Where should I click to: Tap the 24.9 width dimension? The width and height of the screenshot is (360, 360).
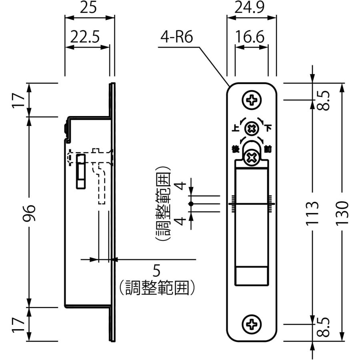[x=251, y=8]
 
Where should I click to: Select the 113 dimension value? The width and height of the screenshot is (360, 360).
[x=313, y=212]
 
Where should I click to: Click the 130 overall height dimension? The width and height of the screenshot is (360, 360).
[x=342, y=212]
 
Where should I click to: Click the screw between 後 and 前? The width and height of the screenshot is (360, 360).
[x=252, y=157]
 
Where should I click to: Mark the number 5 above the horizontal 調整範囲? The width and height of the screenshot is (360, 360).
[x=156, y=271]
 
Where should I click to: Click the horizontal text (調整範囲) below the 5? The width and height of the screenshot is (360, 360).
[x=157, y=287]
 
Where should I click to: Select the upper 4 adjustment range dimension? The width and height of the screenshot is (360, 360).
[x=181, y=186]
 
